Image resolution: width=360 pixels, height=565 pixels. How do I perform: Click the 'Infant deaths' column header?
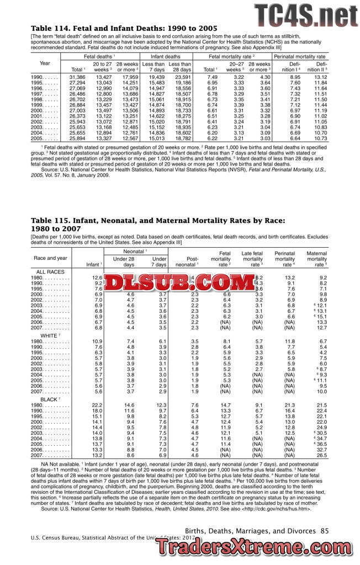coord(166,57)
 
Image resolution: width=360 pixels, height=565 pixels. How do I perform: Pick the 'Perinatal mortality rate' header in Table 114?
coord(299,57)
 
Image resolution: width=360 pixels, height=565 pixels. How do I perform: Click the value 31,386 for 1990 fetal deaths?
coord(77,77)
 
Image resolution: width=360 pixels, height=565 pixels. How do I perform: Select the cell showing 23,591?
coord(182,77)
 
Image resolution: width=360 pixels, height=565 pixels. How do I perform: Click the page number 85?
coord(324,530)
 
